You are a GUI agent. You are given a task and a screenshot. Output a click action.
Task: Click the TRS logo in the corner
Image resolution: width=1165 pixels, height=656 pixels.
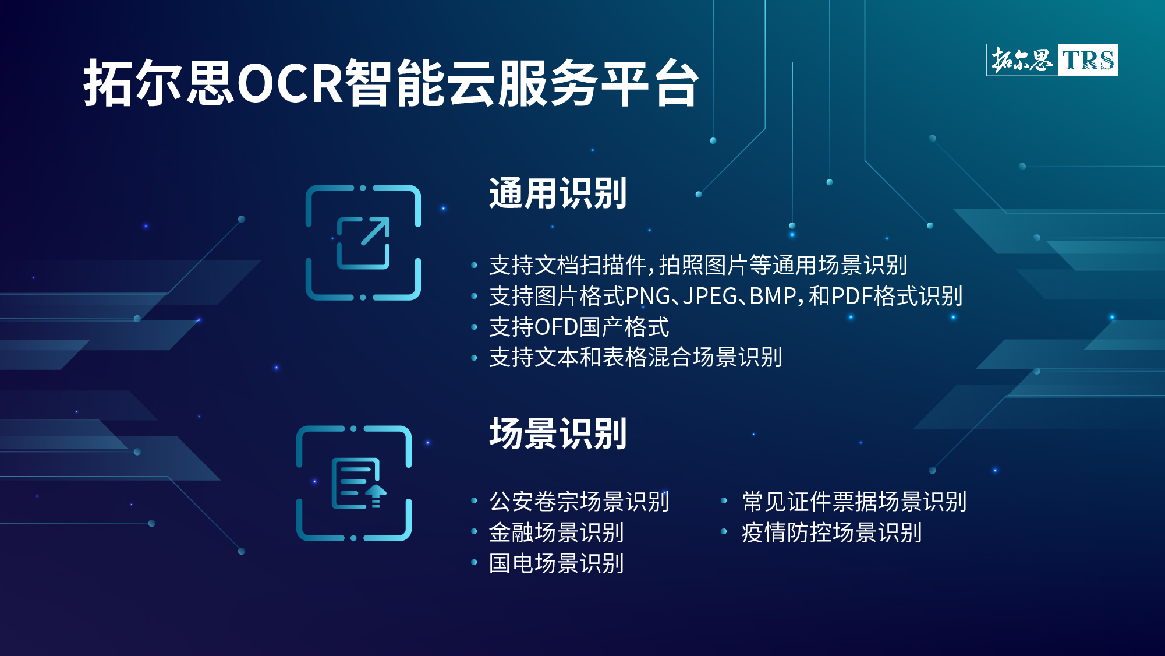click(1052, 59)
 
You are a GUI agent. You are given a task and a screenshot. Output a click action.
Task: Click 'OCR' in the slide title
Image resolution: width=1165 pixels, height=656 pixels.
click(290, 83)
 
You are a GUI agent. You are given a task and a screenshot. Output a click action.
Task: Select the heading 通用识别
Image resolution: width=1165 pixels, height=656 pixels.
click(558, 193)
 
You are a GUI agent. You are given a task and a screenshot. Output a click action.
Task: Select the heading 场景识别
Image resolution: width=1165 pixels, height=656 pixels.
click(558, 433)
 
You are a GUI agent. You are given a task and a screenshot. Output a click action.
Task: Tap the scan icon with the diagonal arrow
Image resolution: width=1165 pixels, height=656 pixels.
click(363, 242)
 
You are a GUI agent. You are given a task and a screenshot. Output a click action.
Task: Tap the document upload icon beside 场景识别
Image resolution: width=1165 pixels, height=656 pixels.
click(354, 483)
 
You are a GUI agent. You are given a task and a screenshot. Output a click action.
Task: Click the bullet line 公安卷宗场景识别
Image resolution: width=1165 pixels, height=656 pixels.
click(579, 501)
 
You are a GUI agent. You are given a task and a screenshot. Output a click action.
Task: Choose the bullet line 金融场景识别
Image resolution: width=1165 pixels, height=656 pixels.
click(557, 532)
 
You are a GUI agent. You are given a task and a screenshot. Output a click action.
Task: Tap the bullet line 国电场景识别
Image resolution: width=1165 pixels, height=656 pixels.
click(557, 563)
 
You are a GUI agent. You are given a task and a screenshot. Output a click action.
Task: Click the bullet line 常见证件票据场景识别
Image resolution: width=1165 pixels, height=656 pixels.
click(854, 501)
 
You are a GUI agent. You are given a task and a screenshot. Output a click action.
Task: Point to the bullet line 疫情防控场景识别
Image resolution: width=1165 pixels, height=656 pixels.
click(831, 532)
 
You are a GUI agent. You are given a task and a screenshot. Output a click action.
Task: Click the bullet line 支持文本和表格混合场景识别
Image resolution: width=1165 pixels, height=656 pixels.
click(635, 357)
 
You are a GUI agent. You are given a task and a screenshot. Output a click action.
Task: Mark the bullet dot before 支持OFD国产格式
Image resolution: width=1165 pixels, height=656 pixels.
click(474, 327)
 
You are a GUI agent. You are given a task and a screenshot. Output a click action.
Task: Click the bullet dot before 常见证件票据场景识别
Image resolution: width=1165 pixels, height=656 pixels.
click(724, 500)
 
